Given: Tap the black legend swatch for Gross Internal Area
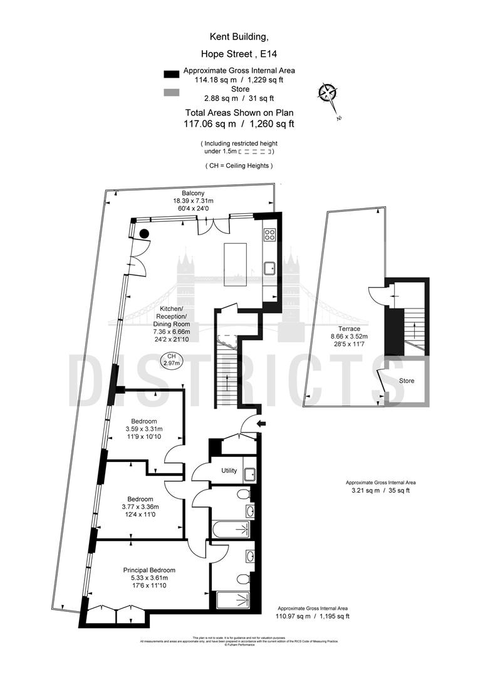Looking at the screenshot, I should pos(171,74).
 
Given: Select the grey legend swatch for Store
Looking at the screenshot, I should pos(171,93).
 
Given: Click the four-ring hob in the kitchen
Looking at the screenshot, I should pos(271,235).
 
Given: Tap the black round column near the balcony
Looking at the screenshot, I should pos(144,234).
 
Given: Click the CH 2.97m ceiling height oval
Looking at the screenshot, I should pos(170,359).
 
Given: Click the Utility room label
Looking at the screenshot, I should pos(229,471).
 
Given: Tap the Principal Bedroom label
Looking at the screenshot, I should pos(149,570).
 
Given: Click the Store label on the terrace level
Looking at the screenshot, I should pos(407,381).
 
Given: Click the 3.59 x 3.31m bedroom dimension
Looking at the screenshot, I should pos(143,429).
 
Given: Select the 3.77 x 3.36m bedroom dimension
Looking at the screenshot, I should pos(140,506).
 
